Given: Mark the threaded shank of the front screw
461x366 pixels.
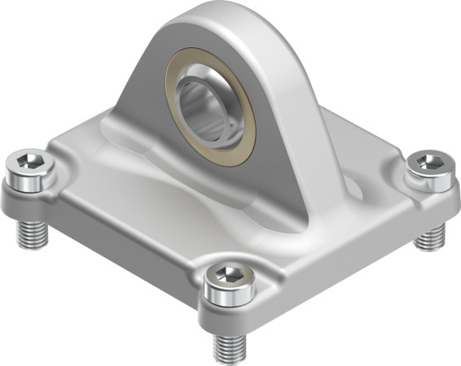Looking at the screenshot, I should (230, 348).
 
